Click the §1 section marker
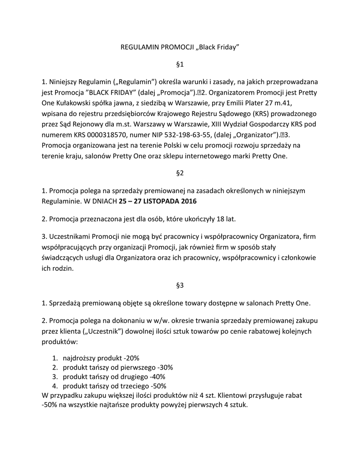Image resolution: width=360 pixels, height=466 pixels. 179,65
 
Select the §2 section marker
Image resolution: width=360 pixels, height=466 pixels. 179,173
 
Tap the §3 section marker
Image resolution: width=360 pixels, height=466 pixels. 179,285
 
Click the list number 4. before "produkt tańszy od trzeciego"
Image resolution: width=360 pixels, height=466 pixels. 54,386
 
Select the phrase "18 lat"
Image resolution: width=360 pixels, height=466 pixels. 225,219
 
